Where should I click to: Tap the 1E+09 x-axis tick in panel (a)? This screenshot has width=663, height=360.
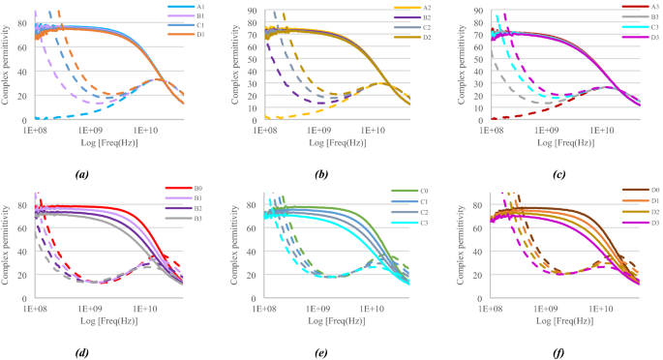pos(90,128)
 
